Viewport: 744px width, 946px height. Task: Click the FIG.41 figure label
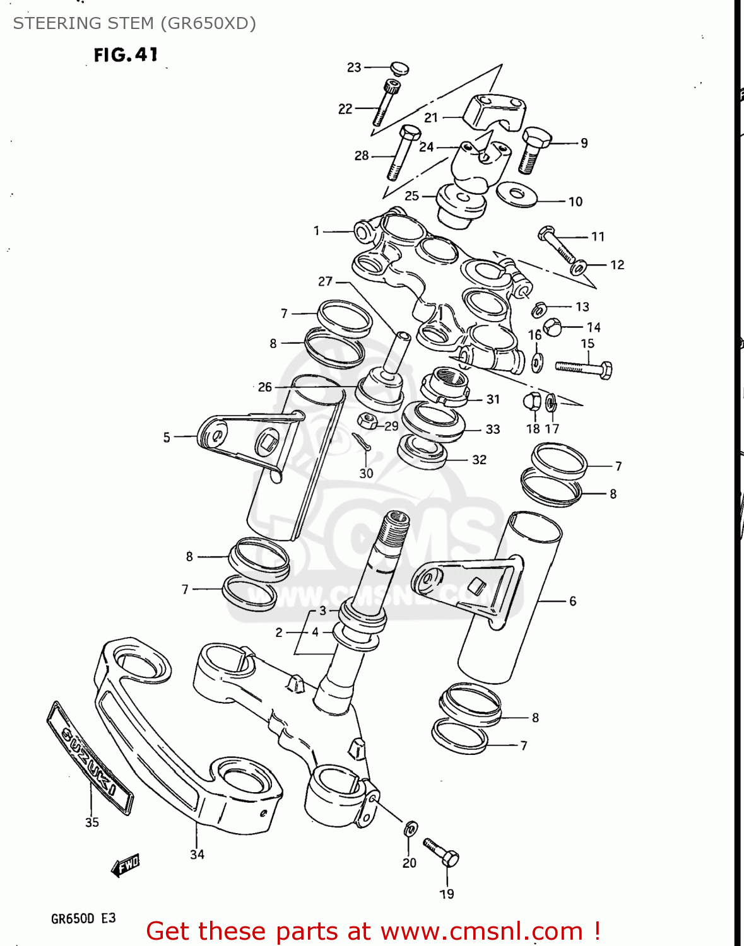pyautogui.click(x=126, y=55)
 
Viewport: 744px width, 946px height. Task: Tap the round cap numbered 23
pyautogui.click(x=399, y=67)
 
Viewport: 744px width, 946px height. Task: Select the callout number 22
pyautogui.click(x=345, y=109)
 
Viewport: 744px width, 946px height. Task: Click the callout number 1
pyautogui.click(x=317, y=231)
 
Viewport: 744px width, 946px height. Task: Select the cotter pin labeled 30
pyautogui.click(x=362, y=442)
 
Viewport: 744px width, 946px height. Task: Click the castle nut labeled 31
pyautogui.click(x=445, y=386)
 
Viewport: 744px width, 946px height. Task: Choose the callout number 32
pyautogui.click(x=480, y=460)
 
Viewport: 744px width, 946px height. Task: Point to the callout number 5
pyautogui.click(x=167, y=437)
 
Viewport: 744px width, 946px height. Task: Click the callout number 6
pyautogui.click(x=572, y=601)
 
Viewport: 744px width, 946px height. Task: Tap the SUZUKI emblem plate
pyautogui.click(x=90, y=757)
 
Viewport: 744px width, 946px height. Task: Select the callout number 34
pyautogui.click(x=197, y=855)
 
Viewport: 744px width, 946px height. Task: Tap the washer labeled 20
pyautogui.click(x=410, y=828)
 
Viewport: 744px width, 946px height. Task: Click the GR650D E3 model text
pyautogui.click(x=83, y=918)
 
